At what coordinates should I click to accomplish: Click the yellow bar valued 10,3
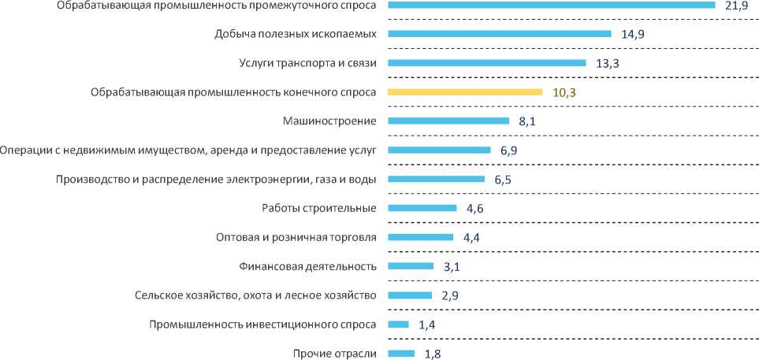[x=465, y=92]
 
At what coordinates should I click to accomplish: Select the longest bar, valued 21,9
[x=552, y=6]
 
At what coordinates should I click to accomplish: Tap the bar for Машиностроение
[x=448, y=121]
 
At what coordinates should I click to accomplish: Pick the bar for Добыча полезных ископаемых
[x=500, y=34]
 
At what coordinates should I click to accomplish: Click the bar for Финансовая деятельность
[x=411, y=266]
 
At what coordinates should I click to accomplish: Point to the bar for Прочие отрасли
[x=401, y=353]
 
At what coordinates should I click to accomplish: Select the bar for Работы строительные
[x=422, y=208]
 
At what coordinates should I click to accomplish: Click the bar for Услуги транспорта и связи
[x=487, y=63]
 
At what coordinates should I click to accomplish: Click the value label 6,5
[x=504, y=180]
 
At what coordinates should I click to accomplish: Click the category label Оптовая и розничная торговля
[x=296, y=237]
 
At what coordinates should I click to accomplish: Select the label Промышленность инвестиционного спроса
[x=263, y=325]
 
